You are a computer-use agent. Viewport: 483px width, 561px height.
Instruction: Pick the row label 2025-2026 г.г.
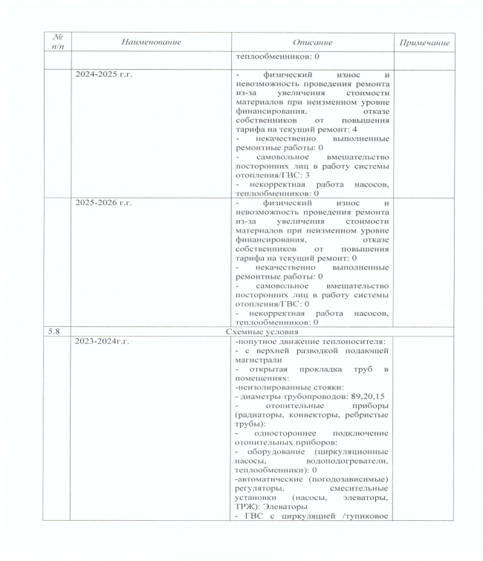pos(104,202)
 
